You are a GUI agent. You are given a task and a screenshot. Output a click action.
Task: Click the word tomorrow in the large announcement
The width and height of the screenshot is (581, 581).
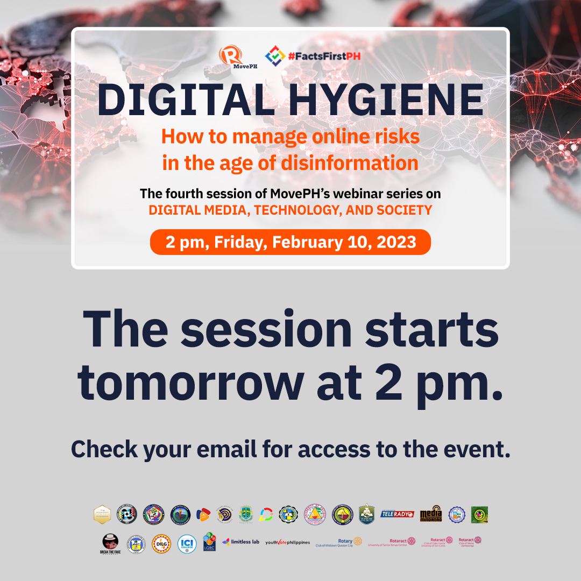pos(190,381)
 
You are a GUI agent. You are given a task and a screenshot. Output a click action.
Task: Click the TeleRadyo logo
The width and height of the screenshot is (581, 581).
pos(397,514)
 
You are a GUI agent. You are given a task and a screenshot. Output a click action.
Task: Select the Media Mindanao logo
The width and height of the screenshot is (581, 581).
pos(430,514)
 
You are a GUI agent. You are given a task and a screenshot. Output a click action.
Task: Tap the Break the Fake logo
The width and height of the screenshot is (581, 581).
pos(109,543)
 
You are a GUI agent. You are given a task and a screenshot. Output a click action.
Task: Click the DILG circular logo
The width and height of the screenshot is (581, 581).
pos(161,543)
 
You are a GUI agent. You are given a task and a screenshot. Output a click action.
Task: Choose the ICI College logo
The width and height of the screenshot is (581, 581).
pos(187,543)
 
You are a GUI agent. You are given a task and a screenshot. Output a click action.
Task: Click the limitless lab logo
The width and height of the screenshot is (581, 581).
pos(240,542)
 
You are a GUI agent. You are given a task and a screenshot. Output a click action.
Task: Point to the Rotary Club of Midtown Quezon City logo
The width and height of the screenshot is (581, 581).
pos(339,542)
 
